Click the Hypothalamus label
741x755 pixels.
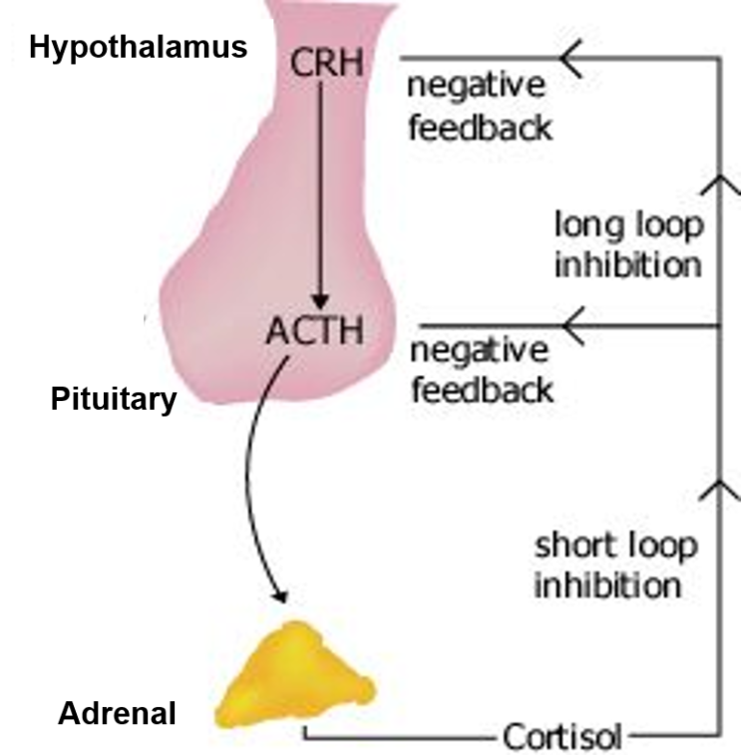139,49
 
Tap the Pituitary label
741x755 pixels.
114,401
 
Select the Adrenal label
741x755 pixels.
117,714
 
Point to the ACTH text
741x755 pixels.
314,330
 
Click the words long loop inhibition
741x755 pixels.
627,245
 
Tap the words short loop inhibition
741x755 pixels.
615,565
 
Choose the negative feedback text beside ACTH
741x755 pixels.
482,369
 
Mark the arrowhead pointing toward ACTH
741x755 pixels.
571,325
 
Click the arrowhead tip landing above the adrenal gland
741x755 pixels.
282,595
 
